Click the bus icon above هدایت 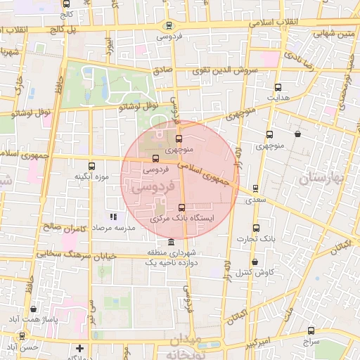(278, 88)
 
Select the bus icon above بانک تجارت (256, 228)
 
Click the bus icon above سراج (311, 330)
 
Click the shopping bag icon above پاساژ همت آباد (34, 309)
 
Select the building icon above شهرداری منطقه (172, 242)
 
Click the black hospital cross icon (80, 348)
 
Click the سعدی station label (255, 200)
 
